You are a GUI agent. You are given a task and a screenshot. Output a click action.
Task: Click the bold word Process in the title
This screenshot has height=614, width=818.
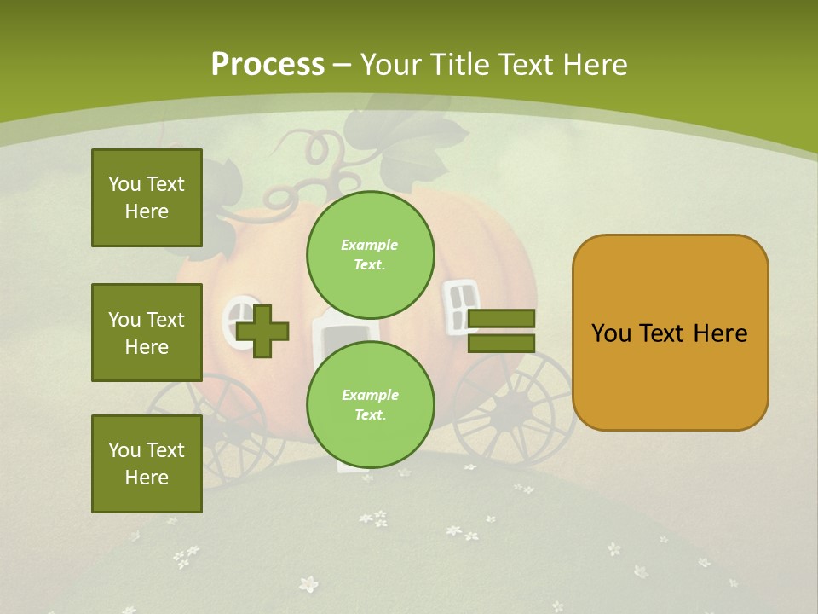(268, 65)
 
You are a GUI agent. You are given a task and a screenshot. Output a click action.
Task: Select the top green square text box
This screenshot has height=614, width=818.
(147, 198)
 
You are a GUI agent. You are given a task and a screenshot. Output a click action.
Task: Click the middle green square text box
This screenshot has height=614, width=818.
(147, 333)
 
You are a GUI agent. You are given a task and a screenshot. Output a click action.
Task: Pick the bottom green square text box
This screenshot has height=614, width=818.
(147, 464)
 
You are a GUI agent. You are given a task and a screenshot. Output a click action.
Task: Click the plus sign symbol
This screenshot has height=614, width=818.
(262, 330)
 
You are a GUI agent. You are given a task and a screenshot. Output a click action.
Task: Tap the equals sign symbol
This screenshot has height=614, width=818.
(502, 331)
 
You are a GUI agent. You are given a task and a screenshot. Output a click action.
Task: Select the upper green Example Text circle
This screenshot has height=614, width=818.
(371, 254)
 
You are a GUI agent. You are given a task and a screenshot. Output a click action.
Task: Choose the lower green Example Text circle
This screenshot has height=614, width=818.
(371, 404)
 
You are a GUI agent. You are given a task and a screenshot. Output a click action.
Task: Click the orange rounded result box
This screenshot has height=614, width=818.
(670, 333)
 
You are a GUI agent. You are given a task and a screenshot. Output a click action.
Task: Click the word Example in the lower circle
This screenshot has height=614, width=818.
(370, 395)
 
